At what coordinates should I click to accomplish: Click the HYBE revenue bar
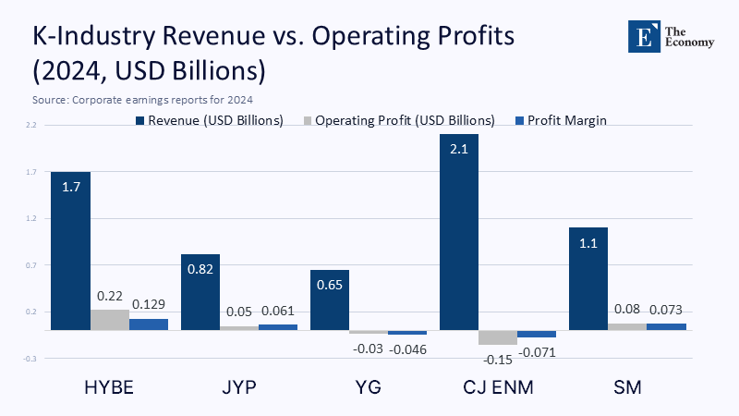click(x=70, y=250)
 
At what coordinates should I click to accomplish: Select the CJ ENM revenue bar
click(x=459, y=231)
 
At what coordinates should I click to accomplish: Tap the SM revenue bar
click(x=588, y=277)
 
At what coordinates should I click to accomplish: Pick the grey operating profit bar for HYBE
click(x=110, y=320)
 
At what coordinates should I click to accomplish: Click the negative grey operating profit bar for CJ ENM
click(x=498, y=337)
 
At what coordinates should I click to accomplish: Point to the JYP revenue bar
click(x=200, y=291)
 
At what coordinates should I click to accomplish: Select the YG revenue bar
click(x=330, y=300)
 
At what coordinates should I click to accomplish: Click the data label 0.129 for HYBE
click(x=148, y=304)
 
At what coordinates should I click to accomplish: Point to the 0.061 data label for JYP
click(x=278, y=312)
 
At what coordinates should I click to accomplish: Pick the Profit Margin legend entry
click(x=565, y=120)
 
